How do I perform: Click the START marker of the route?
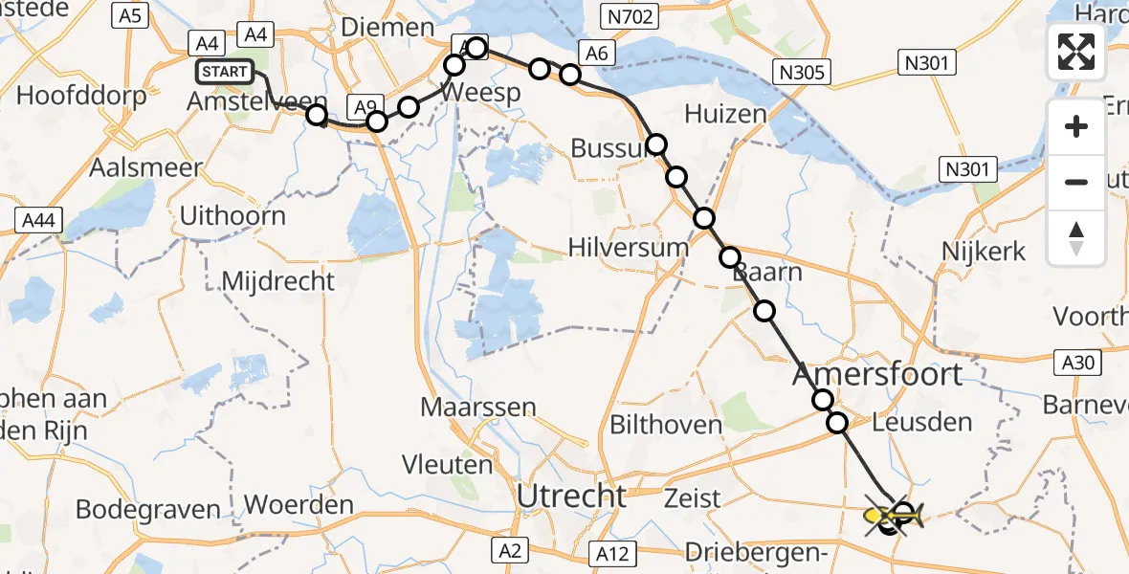point(225,72)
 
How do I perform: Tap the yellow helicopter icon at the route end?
point(893,518)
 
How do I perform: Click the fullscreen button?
point(1076,52)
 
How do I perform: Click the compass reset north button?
point(1076,238)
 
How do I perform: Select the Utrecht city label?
point(571,497)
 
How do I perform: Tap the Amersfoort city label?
point(877,374)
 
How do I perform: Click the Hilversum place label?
point(628,247)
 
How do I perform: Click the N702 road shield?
point(627,15)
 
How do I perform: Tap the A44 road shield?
point(39,221)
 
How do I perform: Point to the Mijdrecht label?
point(277,280)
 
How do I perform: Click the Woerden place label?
point(299,504)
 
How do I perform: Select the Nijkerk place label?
point(984,252)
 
